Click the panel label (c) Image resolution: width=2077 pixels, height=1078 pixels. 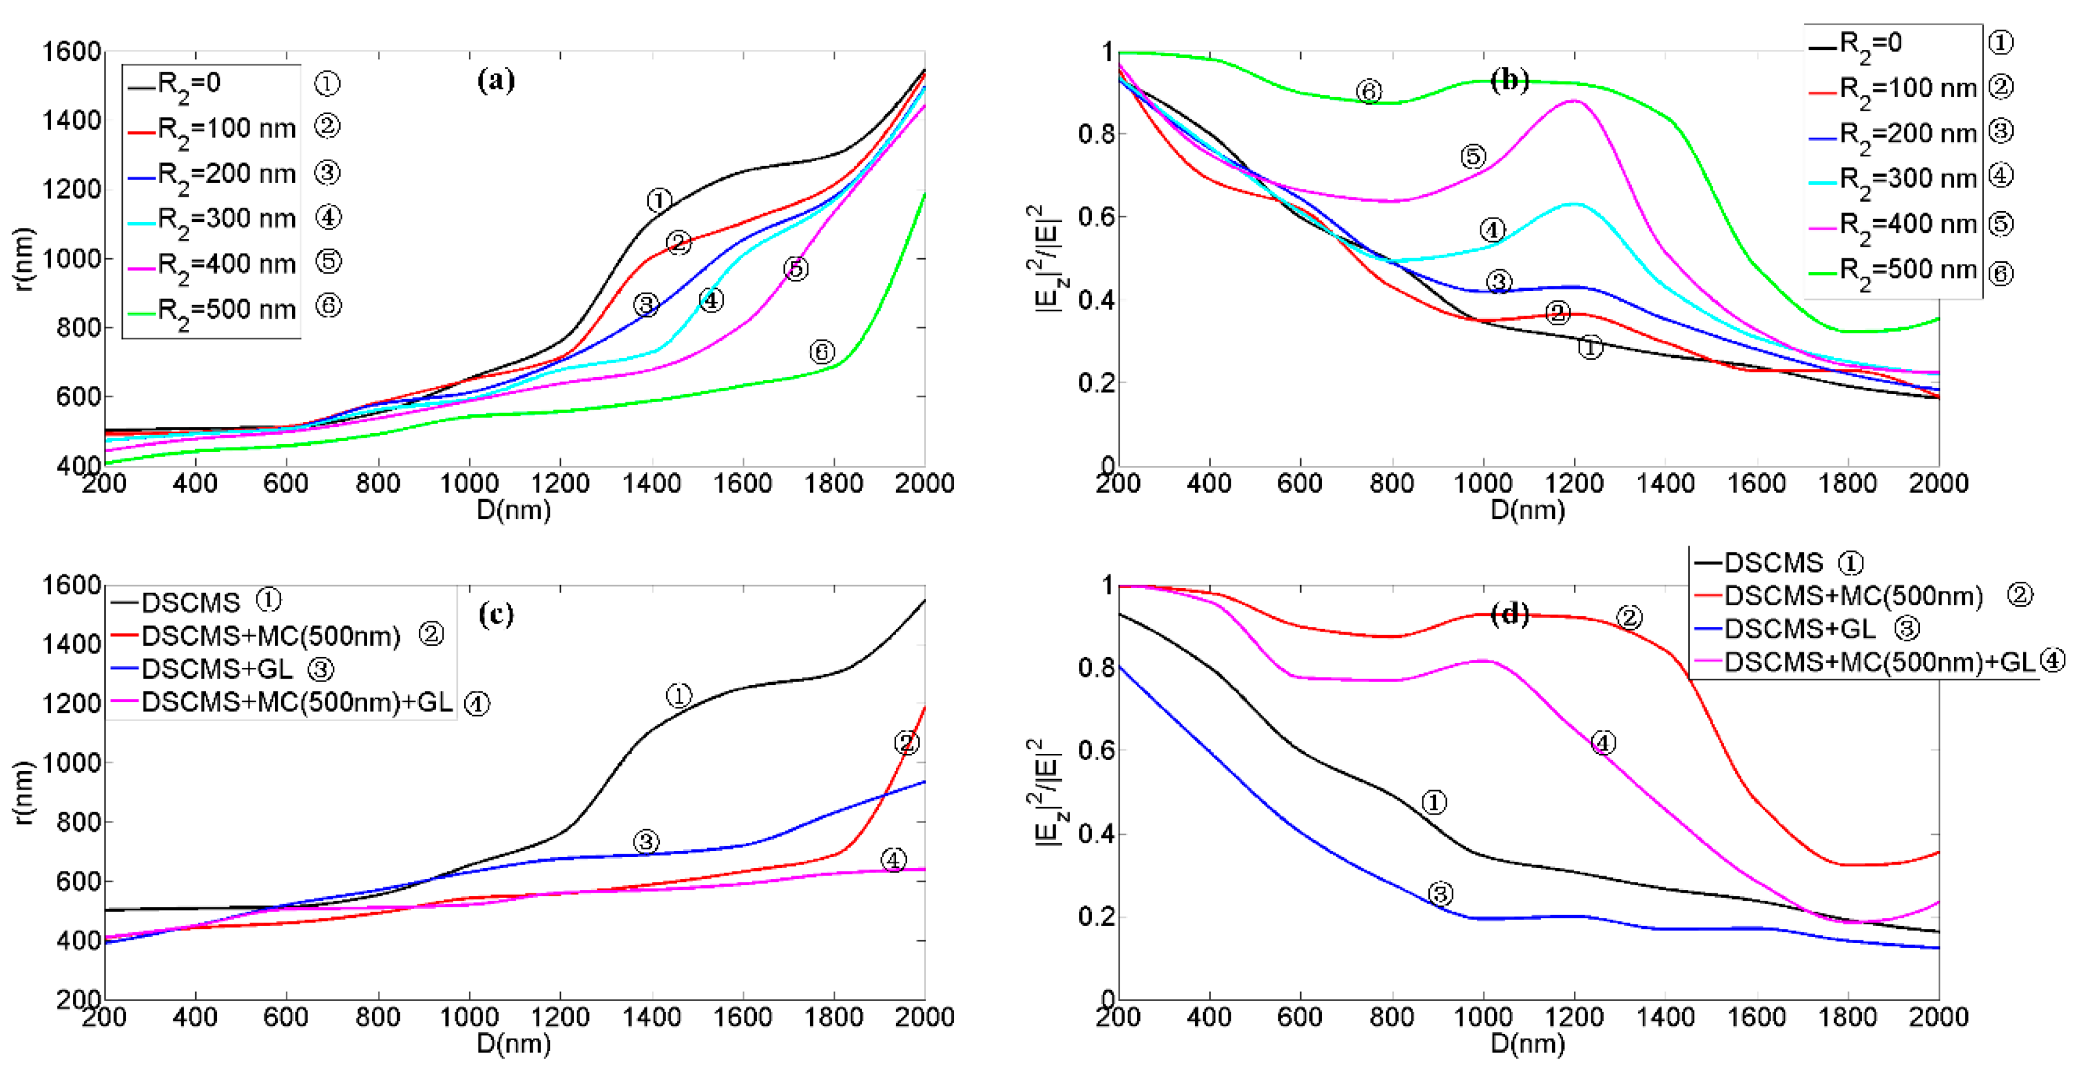pos(495,614)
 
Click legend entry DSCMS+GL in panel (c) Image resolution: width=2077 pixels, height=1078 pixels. pos(216,669)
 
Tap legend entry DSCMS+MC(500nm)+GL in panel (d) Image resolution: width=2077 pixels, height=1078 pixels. pos(1878,662)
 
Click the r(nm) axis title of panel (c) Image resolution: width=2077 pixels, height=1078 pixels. pos(24,792)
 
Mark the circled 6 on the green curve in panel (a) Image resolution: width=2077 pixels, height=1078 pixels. pos(821,352)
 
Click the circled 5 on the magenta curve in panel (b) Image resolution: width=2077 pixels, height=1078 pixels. pos(1472,157)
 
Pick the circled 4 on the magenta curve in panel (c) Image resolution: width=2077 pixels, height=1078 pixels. pos(893,859)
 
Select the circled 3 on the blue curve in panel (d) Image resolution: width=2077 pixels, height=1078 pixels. pos(1440,893)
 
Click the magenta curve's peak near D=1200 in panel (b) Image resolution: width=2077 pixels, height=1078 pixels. pos(1573,101)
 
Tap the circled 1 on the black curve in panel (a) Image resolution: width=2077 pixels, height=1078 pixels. pos(659,200)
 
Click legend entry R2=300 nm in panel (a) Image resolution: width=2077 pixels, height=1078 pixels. pos(225,219)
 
